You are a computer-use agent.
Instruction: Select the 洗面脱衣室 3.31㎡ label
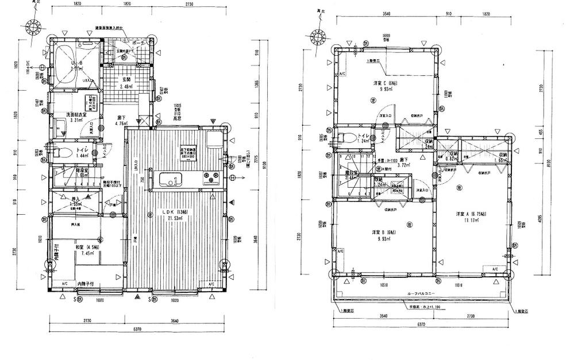click(76, 118)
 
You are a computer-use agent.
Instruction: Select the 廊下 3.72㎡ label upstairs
click(403, 162)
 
